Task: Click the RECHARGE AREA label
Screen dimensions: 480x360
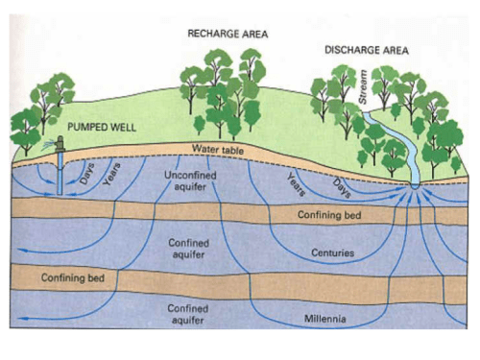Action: tap(228, 34)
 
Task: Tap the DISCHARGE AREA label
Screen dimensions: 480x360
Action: tap(367, 50)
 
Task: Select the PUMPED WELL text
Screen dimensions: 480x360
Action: tap(102, 128)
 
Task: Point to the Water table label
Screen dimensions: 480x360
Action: tap(218, 149)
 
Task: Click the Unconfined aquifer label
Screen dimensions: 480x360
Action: tap(190, 181)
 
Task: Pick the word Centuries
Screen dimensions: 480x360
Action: tap(333, 252)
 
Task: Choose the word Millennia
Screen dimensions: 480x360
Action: tap(325, 319)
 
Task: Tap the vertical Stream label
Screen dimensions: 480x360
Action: tap(363, 86)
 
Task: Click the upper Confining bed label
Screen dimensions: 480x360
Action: tap(329, 214)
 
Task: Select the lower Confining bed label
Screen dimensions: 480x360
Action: tap(73, 277)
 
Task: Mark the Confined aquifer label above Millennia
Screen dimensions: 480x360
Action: tap(188, 314)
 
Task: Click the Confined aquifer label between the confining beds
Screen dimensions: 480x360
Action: tap(189, 249)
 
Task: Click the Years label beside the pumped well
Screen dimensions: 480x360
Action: tap(111, 174)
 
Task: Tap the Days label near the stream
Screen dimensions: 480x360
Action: tap(342, 188)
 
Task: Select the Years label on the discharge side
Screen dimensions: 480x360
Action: tap(297, 184)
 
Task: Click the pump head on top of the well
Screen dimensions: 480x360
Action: tap(60, 144)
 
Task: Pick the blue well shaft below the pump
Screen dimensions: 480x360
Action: tap(60, 173)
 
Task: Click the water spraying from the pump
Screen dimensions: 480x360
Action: tap(48, 145)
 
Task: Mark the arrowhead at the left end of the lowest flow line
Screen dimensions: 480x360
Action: tap(21, 319)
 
